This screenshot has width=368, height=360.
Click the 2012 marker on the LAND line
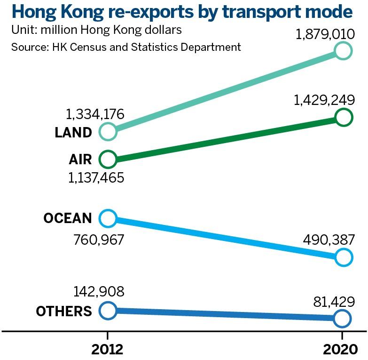point(108,132)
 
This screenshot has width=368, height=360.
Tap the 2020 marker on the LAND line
point(343,50)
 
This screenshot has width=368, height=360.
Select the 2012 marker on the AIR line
point(108,159)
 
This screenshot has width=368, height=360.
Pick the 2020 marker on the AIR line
point(343,117)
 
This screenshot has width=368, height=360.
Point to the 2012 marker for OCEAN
point(108,218)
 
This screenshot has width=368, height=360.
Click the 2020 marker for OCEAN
point(343,257)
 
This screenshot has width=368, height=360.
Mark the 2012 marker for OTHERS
point(108,310)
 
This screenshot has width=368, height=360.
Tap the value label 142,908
point(99,291)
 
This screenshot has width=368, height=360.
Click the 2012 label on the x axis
point(108,349)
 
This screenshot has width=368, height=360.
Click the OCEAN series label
point(68,218)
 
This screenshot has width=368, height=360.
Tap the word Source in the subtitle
point(27,47)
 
